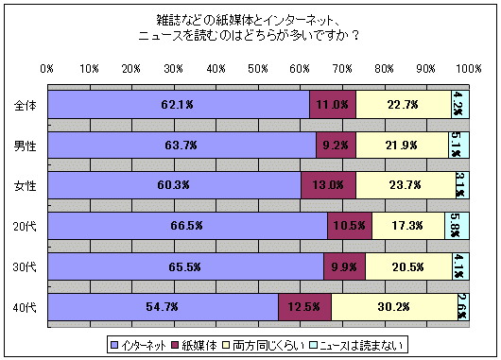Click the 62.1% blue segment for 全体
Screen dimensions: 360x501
[179, 105]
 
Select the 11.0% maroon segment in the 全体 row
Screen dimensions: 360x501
[333, 105]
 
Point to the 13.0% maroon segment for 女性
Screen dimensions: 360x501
[328, 186]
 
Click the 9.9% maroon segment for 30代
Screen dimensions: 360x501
[344, 267]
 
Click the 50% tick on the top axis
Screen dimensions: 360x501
[258, 69]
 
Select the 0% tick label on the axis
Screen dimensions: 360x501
[47, 69]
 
